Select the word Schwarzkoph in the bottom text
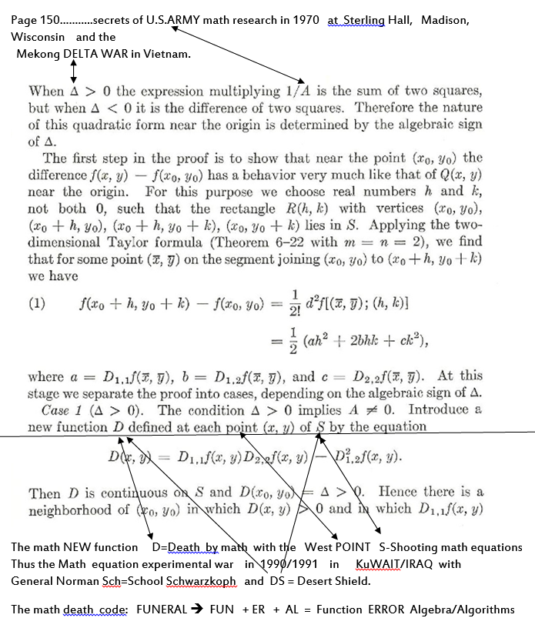199,581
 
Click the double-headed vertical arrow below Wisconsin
73,71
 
